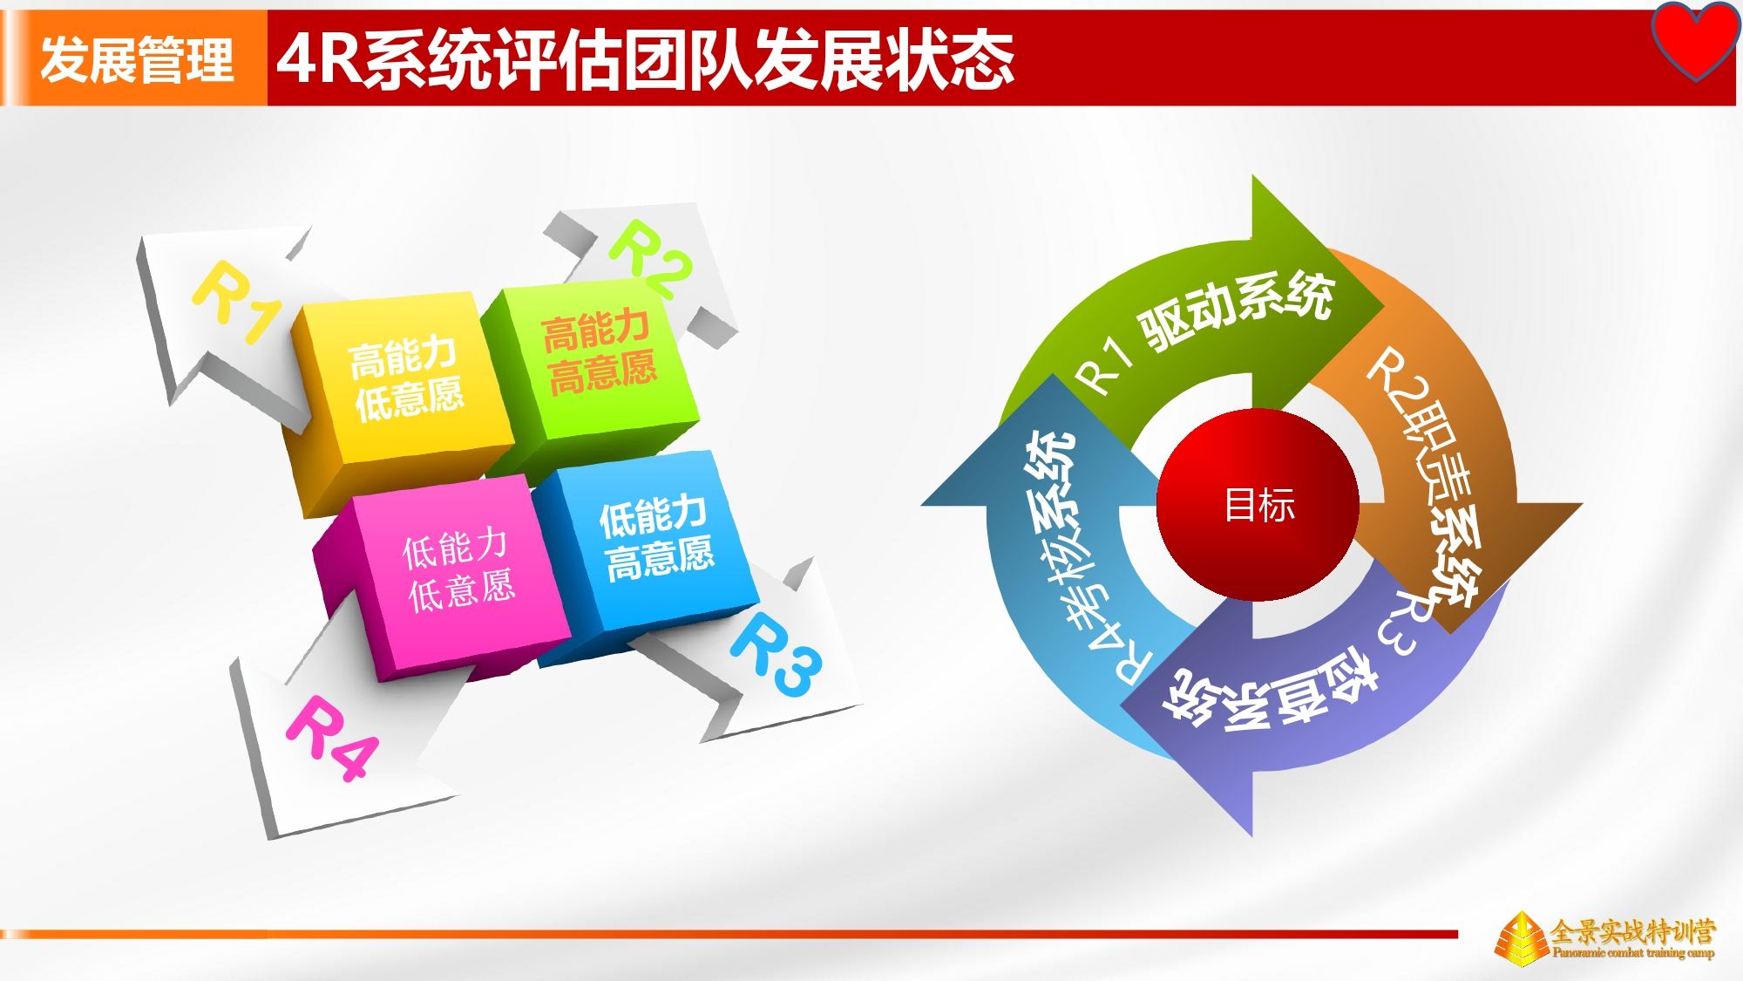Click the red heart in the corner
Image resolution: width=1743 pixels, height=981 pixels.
(1695, 39)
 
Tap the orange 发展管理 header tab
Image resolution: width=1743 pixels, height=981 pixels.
(136, 58)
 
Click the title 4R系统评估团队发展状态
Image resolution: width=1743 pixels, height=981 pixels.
(646, 59)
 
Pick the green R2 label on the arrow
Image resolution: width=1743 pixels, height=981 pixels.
(650, 258)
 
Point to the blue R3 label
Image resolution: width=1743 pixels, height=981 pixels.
(776, 654)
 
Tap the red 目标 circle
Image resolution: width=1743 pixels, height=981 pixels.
(1258, 504)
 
